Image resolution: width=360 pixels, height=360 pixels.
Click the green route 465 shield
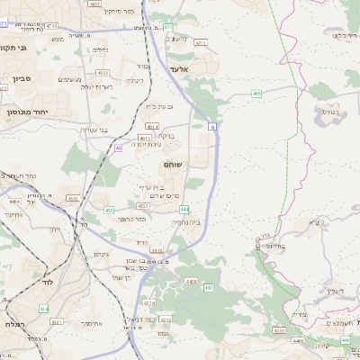[x=257, y=93]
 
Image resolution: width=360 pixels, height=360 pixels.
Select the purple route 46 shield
[x=119, y=148]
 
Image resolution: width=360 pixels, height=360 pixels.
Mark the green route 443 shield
[x=208, y=288]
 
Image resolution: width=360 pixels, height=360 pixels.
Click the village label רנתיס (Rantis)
[x=326, y=113]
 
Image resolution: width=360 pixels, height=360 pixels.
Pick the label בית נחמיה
[x=184, y=222]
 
